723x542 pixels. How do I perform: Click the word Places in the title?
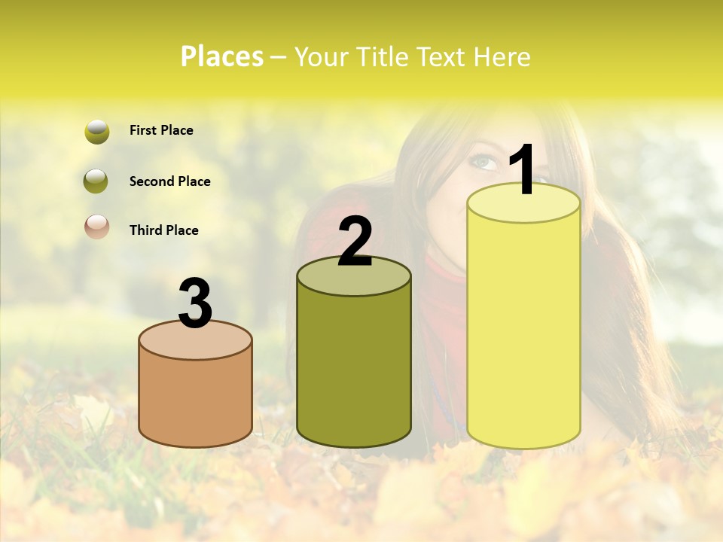pyautogui.click(x=222, y=56)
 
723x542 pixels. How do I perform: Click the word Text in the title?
pyautogui.click(x=443, y=56)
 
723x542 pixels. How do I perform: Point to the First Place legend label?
pyautogui.click(x=161, y=130)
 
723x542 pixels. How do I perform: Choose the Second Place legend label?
pyautogui.click(x=169, y=181)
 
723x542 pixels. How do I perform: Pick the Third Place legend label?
pyautogui.click(x=163, y=230)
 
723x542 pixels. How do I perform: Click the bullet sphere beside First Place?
pyautogui.click(x=97, y=132)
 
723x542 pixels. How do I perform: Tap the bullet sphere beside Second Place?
pyautogui.click(x=96, y=181)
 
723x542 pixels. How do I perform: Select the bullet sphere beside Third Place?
pyautogui.click(x=97, y=227)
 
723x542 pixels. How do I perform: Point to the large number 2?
pyautogui.click(x=355, y=242)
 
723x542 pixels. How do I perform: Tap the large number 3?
pyautogui.click(x=196, y=304)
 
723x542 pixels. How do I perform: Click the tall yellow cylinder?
pyautogui.click(x=523, y=331)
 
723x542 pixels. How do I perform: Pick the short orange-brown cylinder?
pyautogui.click(x=196, y=399)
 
